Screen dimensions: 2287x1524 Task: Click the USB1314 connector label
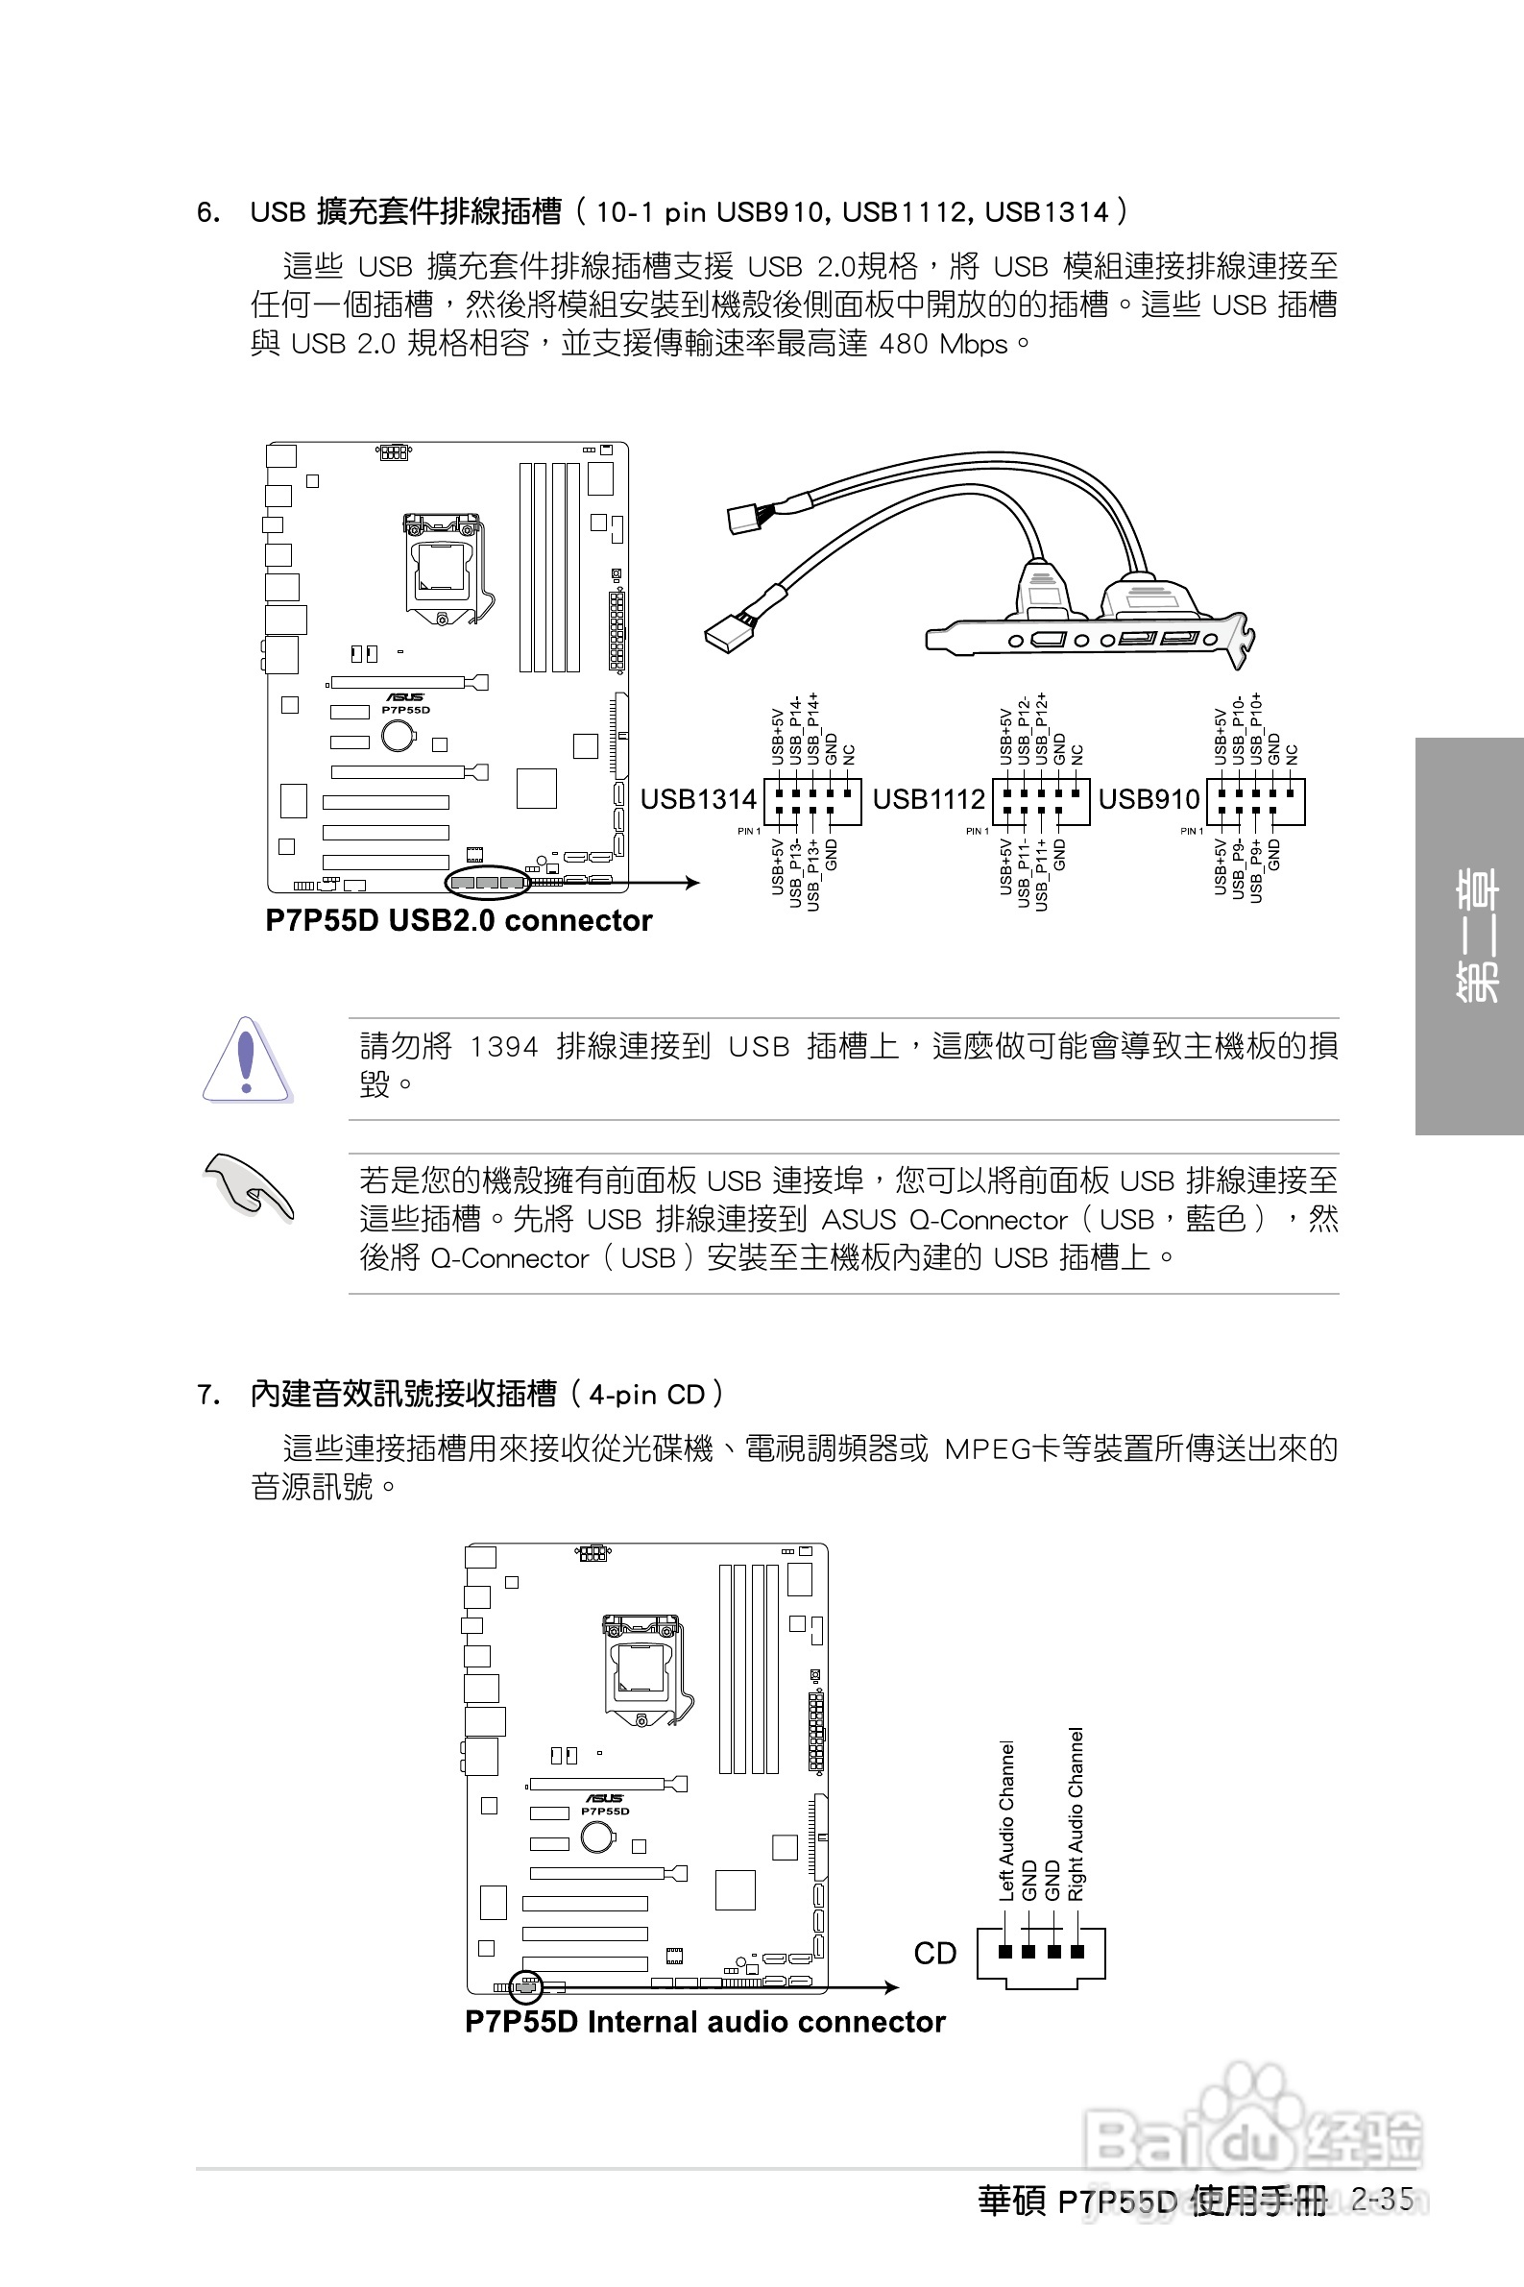click(x=698, y=799)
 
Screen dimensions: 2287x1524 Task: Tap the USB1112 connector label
click(x=929, y=799)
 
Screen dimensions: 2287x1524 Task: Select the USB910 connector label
click(x=1149, y=799)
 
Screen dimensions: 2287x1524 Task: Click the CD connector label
click(x=935, y=1953)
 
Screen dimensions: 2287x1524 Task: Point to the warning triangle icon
click(x=246, y=1060)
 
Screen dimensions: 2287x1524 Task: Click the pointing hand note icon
click(x=247, y=1185)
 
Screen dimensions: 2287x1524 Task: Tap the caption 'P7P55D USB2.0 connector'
click(x=459, y=920)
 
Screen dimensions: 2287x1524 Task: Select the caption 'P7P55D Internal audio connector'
click(x=705, y=2022)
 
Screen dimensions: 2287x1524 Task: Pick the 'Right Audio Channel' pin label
click(x=1076, y=1814)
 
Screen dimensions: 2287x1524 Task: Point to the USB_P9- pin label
click(x=1238, y=871)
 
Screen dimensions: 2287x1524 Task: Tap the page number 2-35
click(x=1381, y=2199)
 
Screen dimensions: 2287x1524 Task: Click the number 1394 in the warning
click(x=503, y=1047)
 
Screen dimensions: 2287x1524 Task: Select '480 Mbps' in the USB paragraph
click(x=943, y=344)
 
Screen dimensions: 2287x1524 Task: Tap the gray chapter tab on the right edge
click(x=1469, y=935)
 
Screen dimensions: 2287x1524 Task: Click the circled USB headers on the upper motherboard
click(x=486, y=882)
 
